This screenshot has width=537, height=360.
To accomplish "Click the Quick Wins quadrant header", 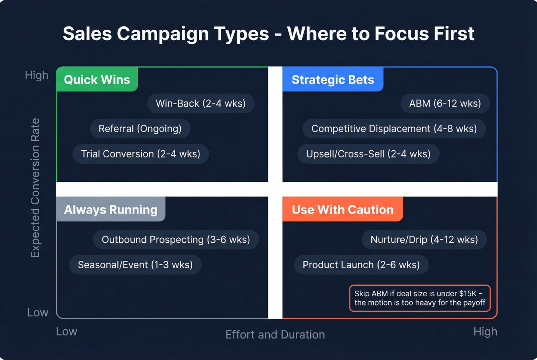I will tap(97, 80).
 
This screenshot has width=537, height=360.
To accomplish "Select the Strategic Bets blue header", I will tap(333, 80).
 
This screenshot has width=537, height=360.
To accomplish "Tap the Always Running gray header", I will tap(110, 210).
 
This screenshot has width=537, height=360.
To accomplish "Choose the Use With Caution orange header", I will tap(343, 210).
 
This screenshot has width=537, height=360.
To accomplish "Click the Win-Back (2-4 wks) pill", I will tap(201, 104).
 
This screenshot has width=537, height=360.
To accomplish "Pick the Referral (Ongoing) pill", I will tap(140, 129).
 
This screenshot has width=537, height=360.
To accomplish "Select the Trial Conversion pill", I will tap(140, 154).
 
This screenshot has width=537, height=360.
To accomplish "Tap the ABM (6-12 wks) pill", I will tap(445, 104).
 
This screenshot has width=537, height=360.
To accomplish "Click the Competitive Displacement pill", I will tap(394, 129).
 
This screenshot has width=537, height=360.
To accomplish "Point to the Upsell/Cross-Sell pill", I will tap(368, 154).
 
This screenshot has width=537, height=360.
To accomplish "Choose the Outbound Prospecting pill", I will tap(176, 240).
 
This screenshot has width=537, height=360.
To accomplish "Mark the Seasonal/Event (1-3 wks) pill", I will tap(135, 265).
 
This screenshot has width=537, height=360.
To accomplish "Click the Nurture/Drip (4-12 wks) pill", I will tap(424, 240).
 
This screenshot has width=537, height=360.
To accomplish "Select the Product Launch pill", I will tap(361, 265).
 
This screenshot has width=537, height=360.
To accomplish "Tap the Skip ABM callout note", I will tap(420, 298).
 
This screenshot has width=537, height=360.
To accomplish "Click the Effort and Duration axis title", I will tap(275, 335).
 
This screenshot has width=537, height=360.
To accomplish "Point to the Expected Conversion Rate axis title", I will tap(35, 188).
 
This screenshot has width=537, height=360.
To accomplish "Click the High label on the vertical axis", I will tap(36, 75).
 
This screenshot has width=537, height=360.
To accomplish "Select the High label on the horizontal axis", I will tap(485, 332).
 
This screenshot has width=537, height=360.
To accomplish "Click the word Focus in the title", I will tap(400, 34).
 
